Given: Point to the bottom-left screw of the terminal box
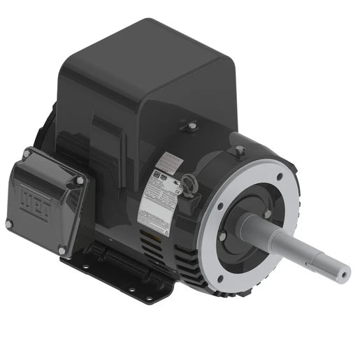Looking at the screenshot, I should (9, 224).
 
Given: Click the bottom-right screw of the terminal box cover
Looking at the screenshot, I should (62, 250).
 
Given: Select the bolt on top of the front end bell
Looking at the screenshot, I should (240, 150).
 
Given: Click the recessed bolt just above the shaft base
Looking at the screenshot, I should (266, 213).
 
